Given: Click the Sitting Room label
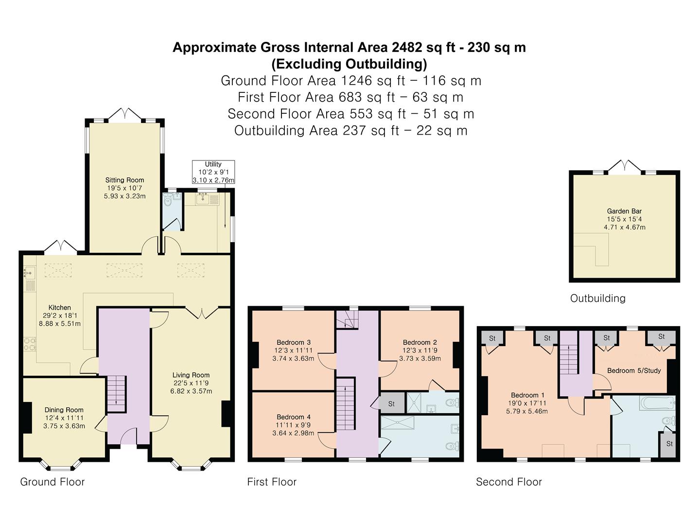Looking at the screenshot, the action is pos(125,180).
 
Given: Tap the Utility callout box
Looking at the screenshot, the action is pos(213,172).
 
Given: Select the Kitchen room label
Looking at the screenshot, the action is pos(60,308).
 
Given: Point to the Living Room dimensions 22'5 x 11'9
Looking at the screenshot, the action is pos(191,383).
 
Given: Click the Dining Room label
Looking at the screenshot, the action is pos(64,410).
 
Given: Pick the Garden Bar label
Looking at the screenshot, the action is pos(625,211).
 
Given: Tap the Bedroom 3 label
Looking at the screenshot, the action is pos(294,342).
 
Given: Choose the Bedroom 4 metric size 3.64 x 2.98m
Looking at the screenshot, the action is pos(294,433).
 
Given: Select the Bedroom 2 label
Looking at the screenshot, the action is pos(420,342).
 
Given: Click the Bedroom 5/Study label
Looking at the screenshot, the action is pos(634,370).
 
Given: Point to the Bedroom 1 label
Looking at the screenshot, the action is pos(527,395).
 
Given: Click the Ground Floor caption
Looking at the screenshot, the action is pos(52,482).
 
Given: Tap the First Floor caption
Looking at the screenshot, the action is pos(272,482).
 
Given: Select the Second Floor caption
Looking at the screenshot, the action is pos(509,482).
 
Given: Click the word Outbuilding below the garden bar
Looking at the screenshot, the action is pos(598,298).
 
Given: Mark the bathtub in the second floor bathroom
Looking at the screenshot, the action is pos(657,403).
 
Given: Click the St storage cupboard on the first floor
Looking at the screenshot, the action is pos(392,403).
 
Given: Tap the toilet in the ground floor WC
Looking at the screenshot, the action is pos(168,200).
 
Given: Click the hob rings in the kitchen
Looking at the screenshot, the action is pos(30,345).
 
